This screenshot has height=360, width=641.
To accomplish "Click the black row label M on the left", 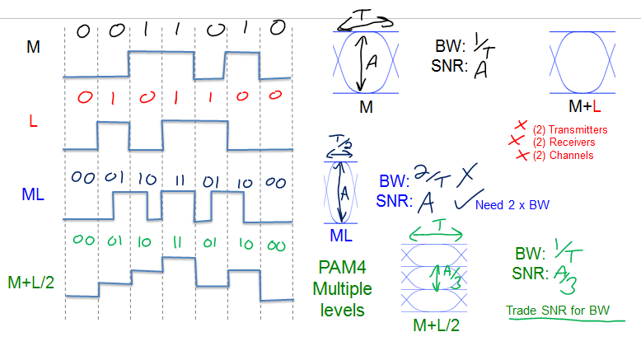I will click(x=32, y=47).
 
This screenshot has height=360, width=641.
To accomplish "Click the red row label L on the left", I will click(x=33, y=121).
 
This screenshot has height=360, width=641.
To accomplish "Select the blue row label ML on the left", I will click(x=33, y=195).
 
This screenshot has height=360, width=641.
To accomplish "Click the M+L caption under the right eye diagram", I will click(x=585, y=106).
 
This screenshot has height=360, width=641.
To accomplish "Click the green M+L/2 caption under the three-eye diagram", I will click(x=437, y=326).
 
